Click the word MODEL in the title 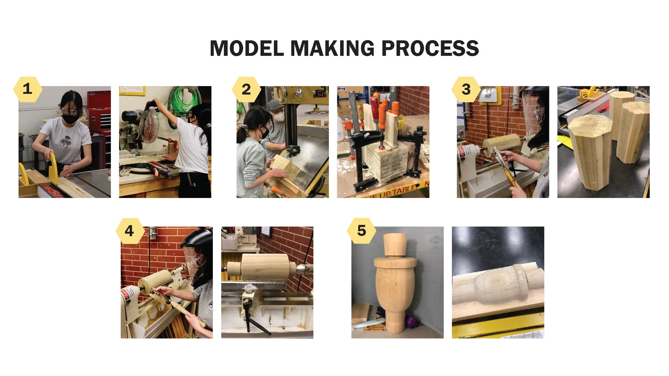tap(247, 48)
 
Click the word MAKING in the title tap(333, 48)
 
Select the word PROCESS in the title tap(430, 48)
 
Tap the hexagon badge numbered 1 tap(28, 89)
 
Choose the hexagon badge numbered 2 tap(246, 89)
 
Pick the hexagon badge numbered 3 tap(466, 89)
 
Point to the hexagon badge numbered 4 tap(129, 231)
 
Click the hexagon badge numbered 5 tap(361, 231)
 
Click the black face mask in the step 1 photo tap(70, 118)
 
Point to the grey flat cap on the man tap(274, 105)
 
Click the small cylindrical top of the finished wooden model tap(395, 244)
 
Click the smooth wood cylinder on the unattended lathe tap(265, 268)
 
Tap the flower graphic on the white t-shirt tap(66, 141)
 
